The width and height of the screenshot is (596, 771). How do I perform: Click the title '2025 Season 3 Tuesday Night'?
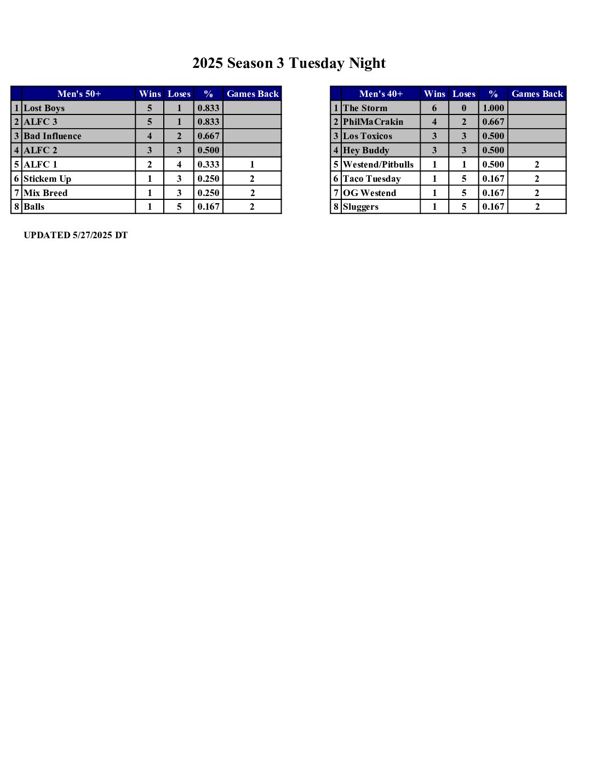[x=289, y=64]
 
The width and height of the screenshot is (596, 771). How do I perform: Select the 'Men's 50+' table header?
[x=79, y=94]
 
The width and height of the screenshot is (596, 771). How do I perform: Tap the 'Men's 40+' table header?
[x=381, y=94]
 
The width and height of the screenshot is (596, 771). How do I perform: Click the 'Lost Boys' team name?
[x=44, y=108]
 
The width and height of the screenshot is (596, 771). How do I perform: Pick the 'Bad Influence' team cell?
[x=53, y=136]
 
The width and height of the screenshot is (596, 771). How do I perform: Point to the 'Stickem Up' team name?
[x=48, y=179]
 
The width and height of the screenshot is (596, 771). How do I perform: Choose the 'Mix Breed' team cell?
[x=45, y=193]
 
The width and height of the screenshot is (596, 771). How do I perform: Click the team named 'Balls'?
[x=34, y=206]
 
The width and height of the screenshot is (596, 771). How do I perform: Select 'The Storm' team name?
[x=365, y=108]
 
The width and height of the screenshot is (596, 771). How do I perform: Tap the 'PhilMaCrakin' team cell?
[x=373, y=122]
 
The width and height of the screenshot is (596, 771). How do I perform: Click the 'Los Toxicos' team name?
[x=368, y=136]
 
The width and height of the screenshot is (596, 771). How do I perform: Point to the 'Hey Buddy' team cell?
[x=366, y=150]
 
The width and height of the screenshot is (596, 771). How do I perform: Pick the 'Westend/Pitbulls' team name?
[x=378, y=164]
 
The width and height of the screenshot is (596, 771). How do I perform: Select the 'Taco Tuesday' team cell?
[x=372, y=179]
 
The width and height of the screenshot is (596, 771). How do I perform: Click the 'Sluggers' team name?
[x=360, y=206]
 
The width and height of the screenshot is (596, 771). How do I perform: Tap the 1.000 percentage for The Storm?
[x=493, y=108]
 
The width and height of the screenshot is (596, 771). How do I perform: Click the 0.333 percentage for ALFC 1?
[x=208, y=164]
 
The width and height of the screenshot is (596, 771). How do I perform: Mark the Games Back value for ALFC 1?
[x=252, y=164]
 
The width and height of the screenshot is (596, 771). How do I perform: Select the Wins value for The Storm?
[x=434, y=108]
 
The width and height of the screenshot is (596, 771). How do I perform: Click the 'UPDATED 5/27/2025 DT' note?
[x=76, y=235]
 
